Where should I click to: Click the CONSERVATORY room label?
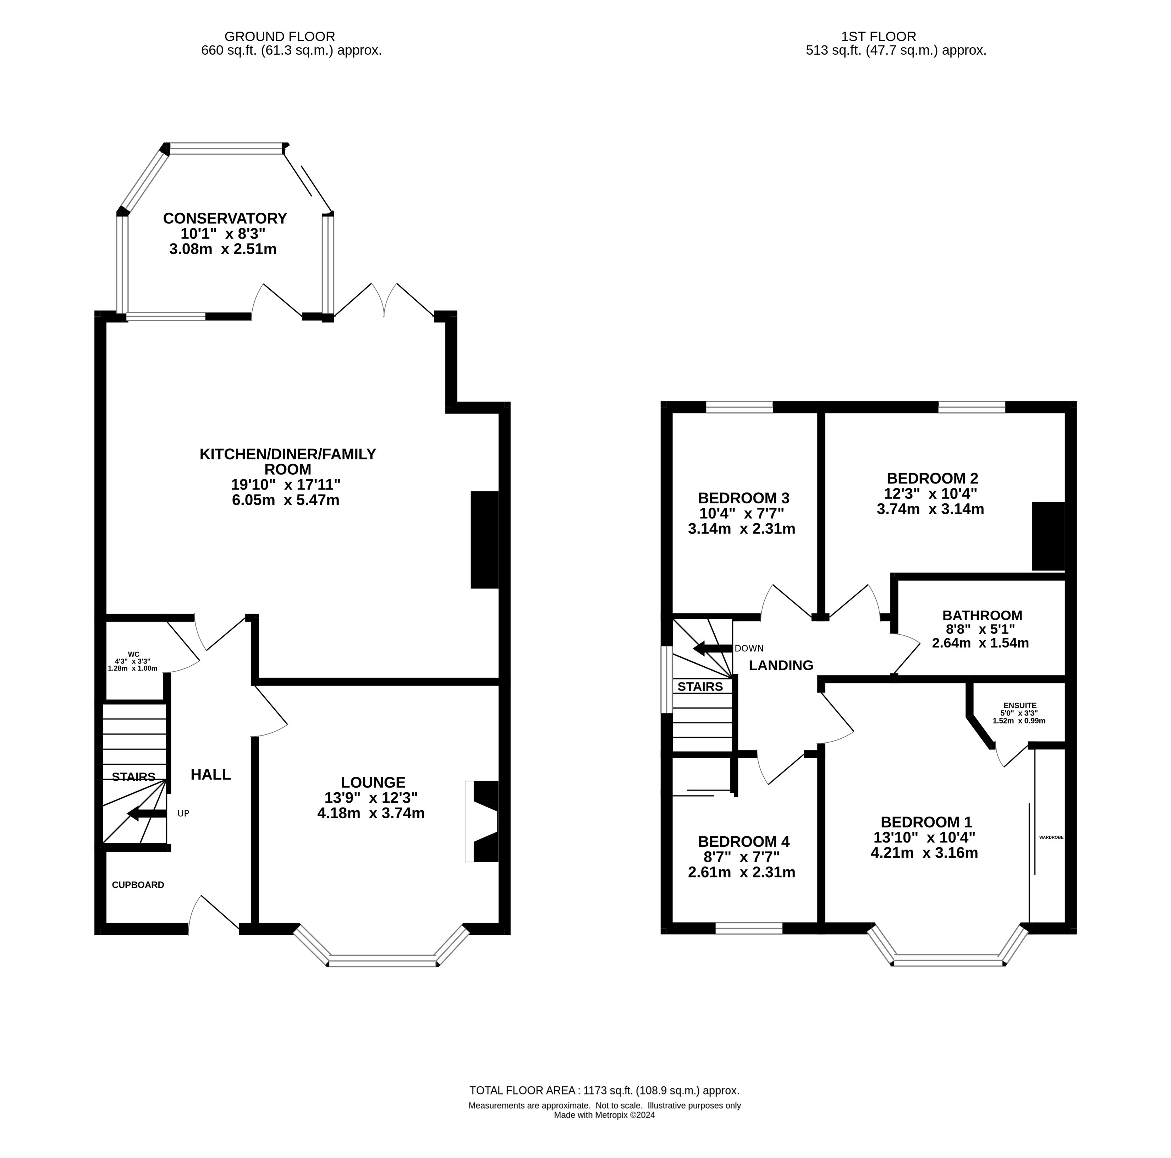[x=225, y=218]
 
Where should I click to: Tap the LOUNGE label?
[x=373, y=783]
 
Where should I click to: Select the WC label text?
[x=133, y=654]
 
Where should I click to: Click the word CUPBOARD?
[x=138, y=885]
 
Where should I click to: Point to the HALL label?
[x=211, y=774]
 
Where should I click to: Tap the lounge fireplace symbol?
[x=482, y=821]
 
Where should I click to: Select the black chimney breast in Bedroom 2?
[x=1049, y=536]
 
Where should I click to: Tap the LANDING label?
[x=781, y=665]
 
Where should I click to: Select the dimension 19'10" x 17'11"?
[x=286, y=485]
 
